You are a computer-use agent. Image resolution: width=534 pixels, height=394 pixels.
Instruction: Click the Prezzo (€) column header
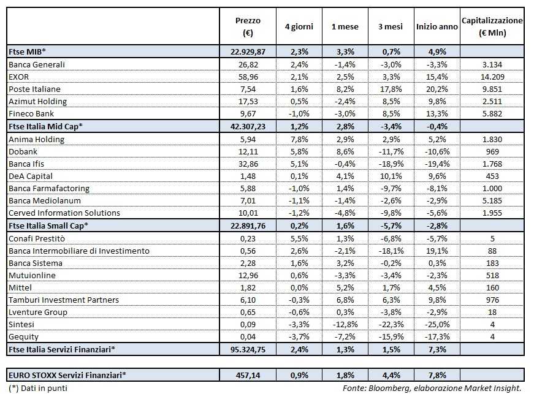[x=248, y=26]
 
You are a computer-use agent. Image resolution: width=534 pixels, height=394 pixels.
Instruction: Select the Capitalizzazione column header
[x=492, y=26]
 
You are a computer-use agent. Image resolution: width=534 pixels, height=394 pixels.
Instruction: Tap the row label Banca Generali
[x=37, y=64]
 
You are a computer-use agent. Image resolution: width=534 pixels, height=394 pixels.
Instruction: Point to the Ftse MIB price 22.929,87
[x=248, y=51]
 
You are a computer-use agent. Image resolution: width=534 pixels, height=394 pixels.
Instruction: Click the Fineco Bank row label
[x=32, y=114]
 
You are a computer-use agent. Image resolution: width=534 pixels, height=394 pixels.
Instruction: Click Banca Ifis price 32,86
[x=248, y=164]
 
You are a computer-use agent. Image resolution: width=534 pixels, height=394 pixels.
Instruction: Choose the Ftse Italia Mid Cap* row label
[x=46, y=126]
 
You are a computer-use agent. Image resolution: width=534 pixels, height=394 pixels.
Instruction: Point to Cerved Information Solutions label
[x=64, y=213]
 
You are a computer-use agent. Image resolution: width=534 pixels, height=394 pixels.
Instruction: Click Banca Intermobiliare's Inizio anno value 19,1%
[x=437, y=251]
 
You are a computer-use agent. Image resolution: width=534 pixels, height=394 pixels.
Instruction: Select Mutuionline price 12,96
[x=248, y=275]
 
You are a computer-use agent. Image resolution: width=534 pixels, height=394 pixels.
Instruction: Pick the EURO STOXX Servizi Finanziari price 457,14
[x=248, y=375]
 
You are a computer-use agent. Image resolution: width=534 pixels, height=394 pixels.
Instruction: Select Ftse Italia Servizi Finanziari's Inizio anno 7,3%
[x=437, y=350]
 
